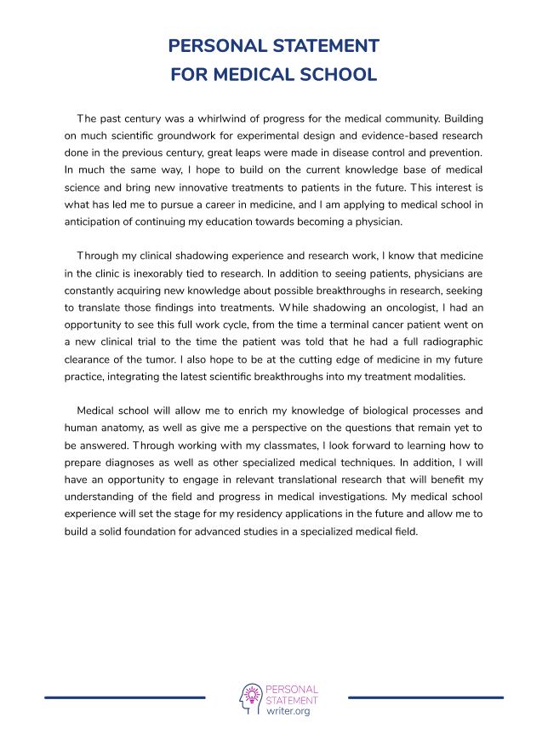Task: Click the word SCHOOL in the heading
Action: pos(333,74)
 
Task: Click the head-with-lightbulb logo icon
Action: pos(250,698)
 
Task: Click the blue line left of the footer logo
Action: pos(125,697)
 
